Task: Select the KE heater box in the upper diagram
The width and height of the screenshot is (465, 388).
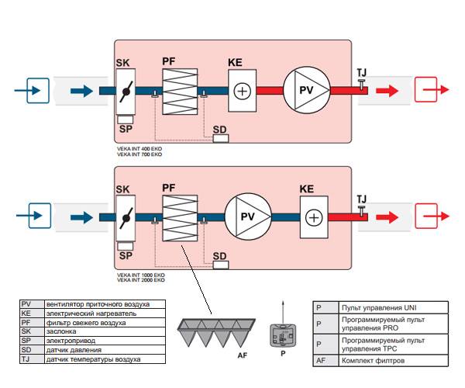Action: tap(243, 90)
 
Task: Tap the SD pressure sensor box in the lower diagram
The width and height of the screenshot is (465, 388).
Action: tap(222, 265)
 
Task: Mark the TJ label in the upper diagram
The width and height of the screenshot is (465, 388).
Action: tap(361, 72)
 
